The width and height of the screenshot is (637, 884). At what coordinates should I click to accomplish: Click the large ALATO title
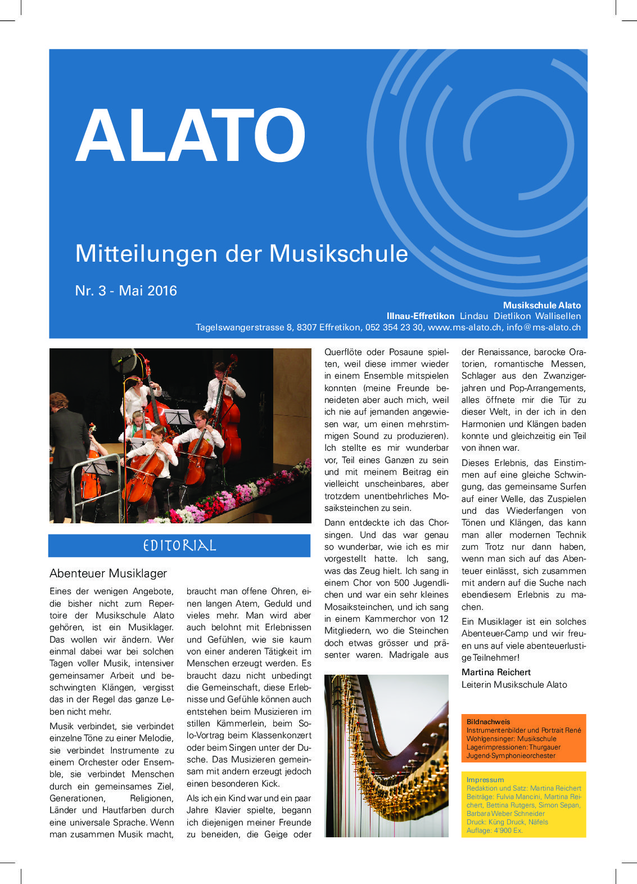[191, 136]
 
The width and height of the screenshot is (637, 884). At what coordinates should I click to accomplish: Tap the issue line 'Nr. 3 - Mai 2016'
[126, 291]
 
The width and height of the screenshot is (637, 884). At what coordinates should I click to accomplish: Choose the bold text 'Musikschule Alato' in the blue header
[541, 305]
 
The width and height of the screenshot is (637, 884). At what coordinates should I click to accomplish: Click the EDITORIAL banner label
[179, 545]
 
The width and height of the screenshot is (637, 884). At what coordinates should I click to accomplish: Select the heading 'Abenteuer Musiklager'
[109, 573]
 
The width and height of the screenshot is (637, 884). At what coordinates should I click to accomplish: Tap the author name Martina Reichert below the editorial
[496, 672]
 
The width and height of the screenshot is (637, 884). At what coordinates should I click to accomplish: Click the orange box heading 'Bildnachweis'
[488, 721]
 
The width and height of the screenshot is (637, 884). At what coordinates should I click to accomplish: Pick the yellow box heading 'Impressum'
[485, 779]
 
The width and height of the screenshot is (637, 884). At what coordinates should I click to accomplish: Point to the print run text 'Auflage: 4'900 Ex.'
[494, 830]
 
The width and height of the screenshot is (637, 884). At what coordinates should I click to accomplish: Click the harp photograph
[386, 755]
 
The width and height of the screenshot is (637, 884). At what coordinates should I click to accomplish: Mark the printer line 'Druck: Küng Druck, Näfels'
[507, 822]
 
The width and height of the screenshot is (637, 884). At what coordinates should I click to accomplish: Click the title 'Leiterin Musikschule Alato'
[514, 684]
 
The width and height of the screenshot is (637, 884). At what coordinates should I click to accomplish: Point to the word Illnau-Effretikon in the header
[420, 316]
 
